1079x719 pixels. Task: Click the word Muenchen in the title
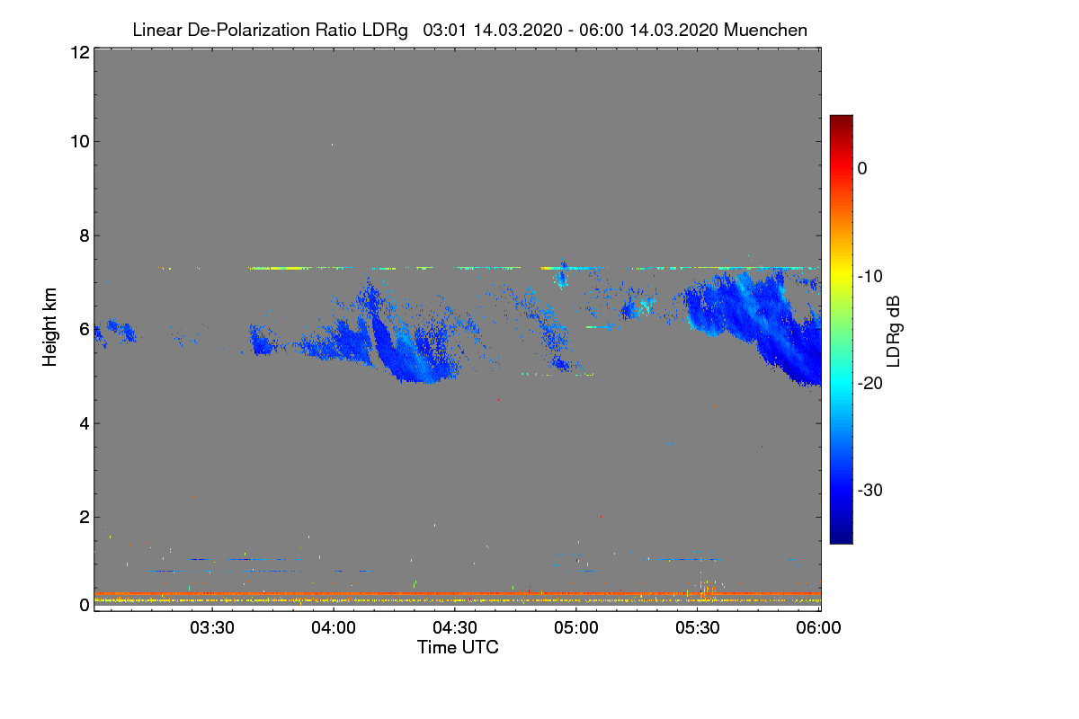coord(765,30)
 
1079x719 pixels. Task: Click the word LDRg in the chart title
coord(388,30)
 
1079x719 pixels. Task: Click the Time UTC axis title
coord(457,647)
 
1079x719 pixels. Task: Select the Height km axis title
coord(50,328)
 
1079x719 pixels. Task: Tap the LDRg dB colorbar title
coord(893,330)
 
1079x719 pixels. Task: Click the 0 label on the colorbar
coord(862,168)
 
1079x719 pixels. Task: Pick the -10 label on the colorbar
coord(870,276)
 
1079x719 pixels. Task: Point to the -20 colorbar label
coord(870,383)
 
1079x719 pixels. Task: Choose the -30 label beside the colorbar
coord(870,491)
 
